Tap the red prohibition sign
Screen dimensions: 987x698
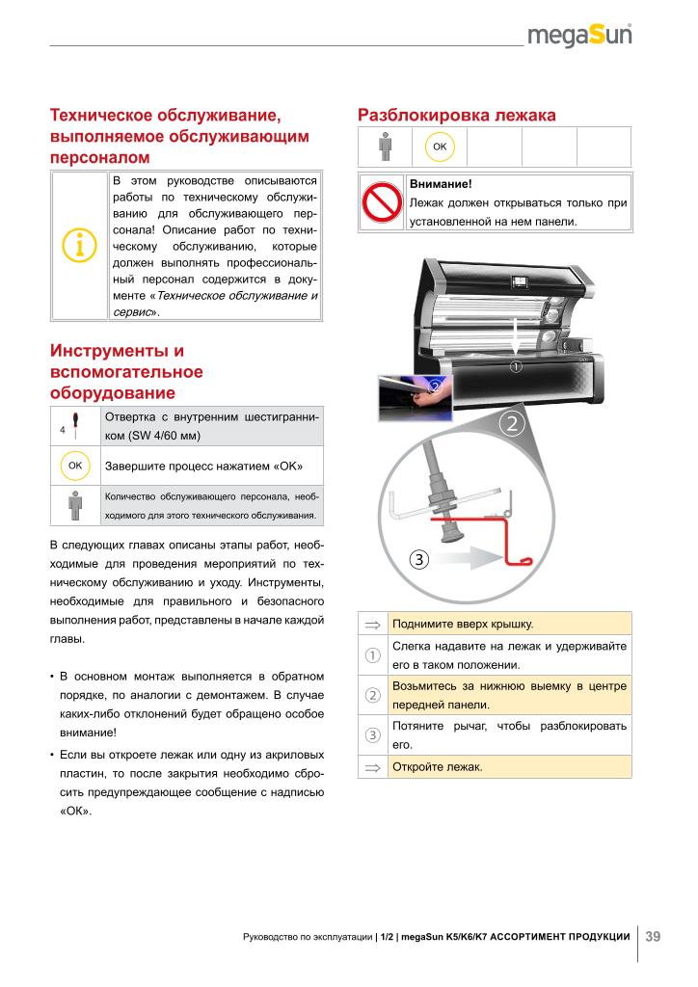381,202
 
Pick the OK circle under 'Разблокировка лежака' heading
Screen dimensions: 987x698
440,147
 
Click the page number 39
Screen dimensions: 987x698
653,936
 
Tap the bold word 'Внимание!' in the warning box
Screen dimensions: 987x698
440,183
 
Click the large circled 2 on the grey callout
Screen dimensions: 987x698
512,423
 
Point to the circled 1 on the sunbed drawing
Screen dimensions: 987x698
516,366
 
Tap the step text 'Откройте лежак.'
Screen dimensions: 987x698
437,767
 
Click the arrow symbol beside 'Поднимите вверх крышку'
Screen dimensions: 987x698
372,624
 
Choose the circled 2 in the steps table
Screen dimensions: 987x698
372,695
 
